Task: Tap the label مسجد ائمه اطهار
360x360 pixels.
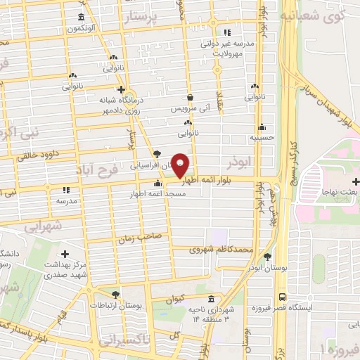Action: (x=157, y=193)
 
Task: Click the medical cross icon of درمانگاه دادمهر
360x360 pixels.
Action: (x=122, y=89)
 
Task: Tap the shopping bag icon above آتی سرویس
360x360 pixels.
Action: (x=191, y=98)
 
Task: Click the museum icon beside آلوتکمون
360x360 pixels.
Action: (x=82, y=17)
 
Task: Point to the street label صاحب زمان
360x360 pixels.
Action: (x=145, y=238)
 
